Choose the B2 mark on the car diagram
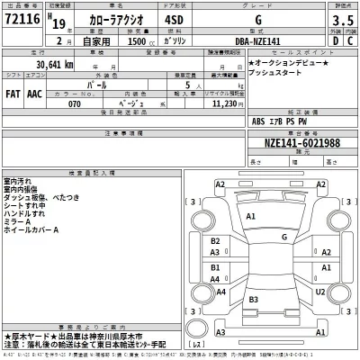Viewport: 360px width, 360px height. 216,241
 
